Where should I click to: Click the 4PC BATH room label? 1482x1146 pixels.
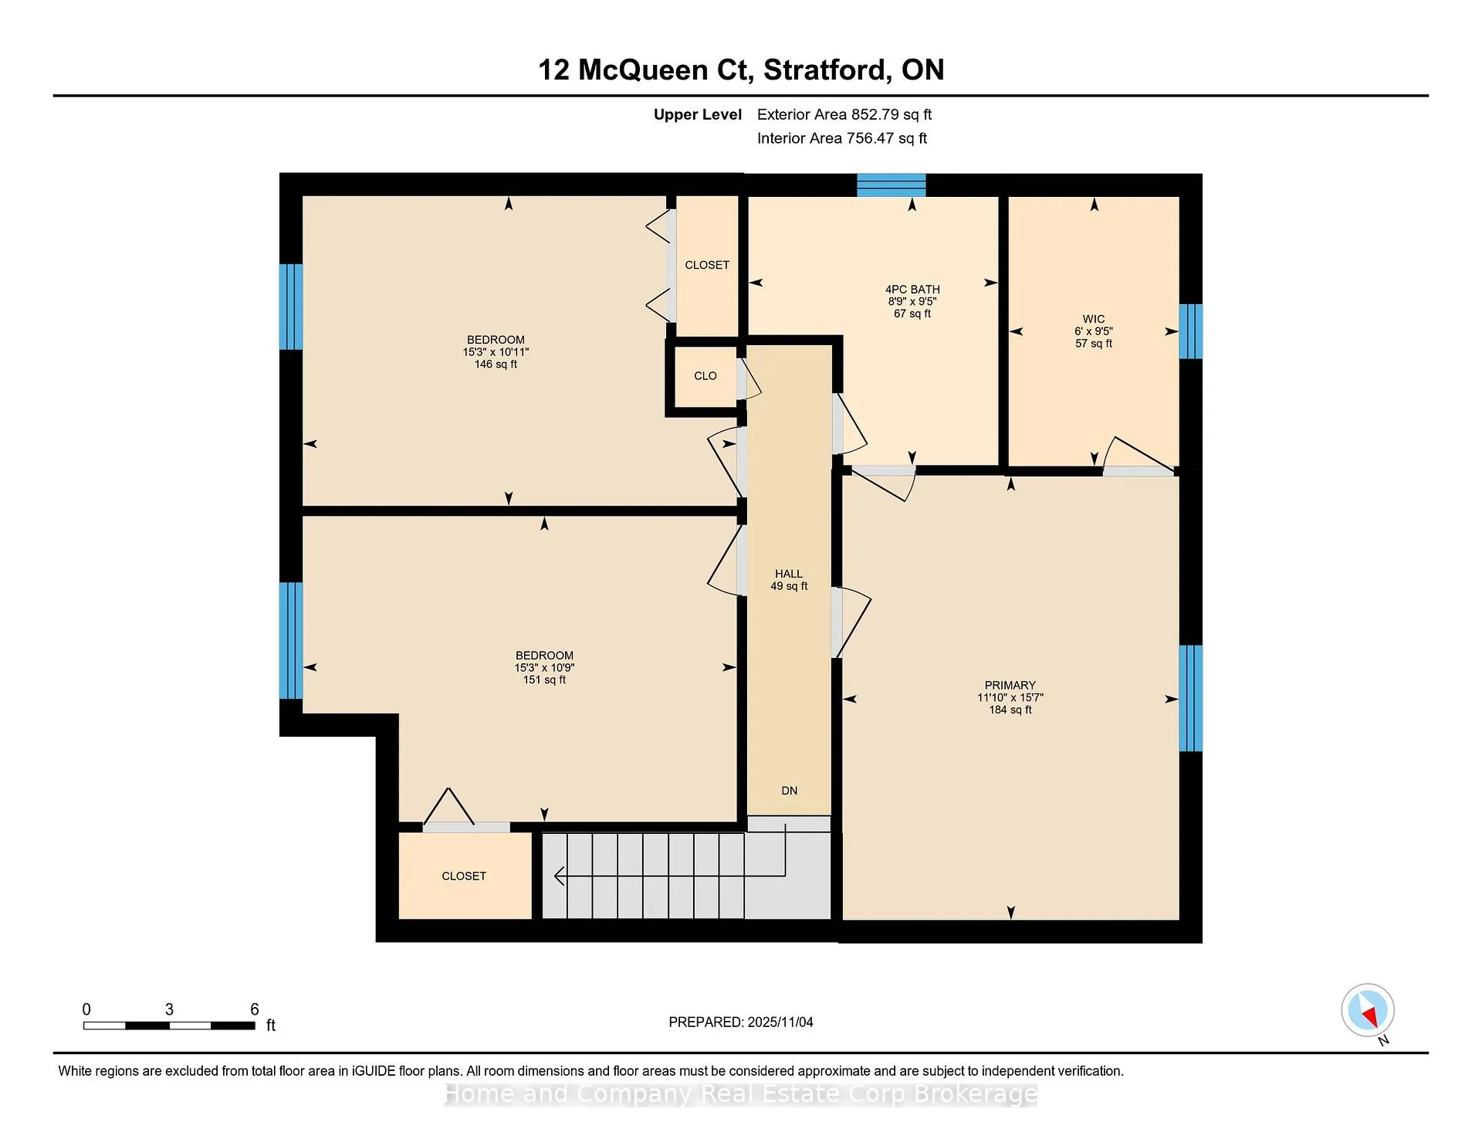tap(912, 290)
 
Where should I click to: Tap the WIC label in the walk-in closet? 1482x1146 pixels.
tap(1094, 319)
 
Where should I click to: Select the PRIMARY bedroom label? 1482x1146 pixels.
tap(1010, 685)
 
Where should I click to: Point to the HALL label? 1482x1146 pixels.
tap(789, 574)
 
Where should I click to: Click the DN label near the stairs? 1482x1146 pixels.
tap(789, 791)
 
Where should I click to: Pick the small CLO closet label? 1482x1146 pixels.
tap(705, 376)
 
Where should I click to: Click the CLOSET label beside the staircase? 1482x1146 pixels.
tap(464, 876)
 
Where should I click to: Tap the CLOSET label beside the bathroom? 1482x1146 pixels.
tap(707, 265)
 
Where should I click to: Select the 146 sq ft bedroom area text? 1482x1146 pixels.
tap(496, 364)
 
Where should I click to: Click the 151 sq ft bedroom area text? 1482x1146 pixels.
tap(544, 680)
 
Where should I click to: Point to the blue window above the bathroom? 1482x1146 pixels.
tap(892, 185)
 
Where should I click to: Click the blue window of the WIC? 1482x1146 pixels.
tap(1191, 331)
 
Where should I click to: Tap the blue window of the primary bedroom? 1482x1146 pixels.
tap(1191, 698)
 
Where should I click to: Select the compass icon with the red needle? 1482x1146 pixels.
tap(1368, 1010)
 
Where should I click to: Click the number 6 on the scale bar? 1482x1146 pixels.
tap(255, 1009)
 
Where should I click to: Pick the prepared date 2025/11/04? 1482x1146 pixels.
tap(780, 1022)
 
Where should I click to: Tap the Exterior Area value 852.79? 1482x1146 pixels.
tap(875, 114)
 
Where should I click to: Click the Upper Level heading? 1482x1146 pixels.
tap(698, 115)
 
